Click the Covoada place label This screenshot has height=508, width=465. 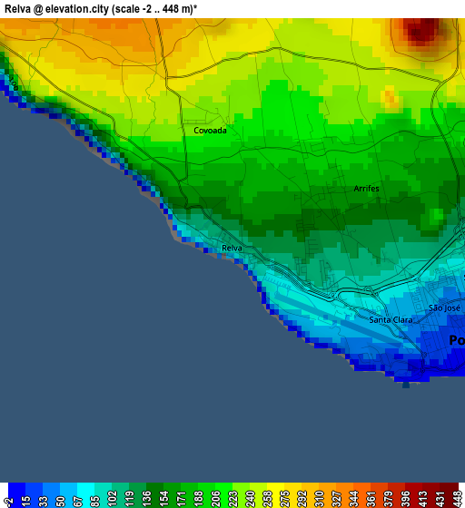[210, 131]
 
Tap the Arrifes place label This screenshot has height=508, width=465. [366, 189]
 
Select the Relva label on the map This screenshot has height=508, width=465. [232, 248]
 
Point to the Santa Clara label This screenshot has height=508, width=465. [391, 319]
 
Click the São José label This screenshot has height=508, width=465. [444, 308]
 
